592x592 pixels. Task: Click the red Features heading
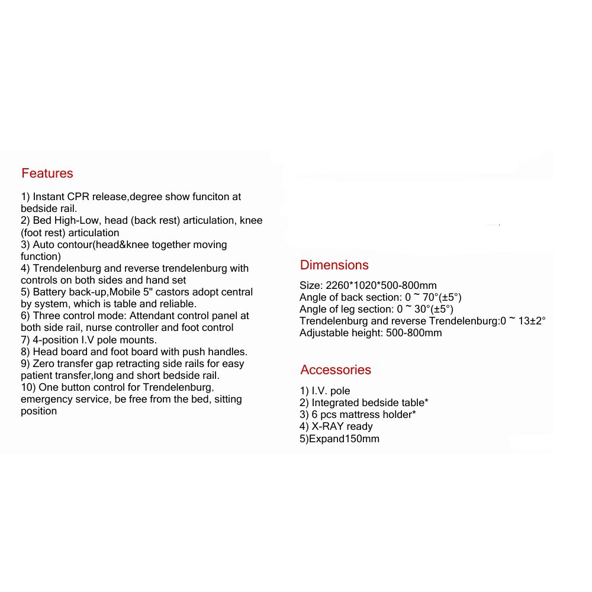(x=47, y=173)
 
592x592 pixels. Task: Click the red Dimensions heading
(x=334, y=265)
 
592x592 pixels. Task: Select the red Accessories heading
(x=336, y=370)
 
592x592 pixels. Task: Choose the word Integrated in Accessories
(x=337, y=403)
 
